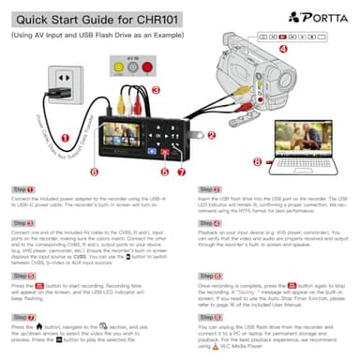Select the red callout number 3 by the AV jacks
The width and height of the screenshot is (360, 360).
point(157,89)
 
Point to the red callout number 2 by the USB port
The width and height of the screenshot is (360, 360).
point(211,135)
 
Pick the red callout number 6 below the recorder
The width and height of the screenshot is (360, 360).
point(95,172)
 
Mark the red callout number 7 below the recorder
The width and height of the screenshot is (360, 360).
point(183,171)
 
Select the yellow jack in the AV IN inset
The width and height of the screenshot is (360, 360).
point(116,67)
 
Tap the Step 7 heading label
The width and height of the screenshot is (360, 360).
point(23,292)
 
